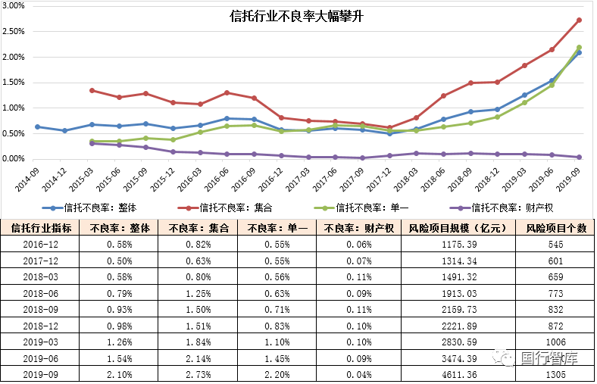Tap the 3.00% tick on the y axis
14,6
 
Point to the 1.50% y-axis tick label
14,83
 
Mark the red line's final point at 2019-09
579,20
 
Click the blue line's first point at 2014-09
37,126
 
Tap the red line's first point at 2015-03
92,90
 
